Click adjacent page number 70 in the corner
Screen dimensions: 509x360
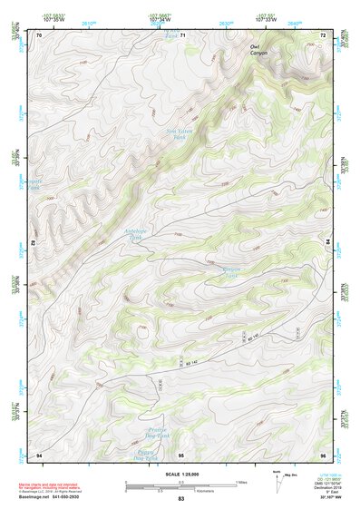pyautogui.click(x=39, y=35)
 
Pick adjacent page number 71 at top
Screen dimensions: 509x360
pyautogui.click(x=182, y=35)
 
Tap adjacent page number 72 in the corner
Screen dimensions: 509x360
pyautogui.click(x=323, y=35)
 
